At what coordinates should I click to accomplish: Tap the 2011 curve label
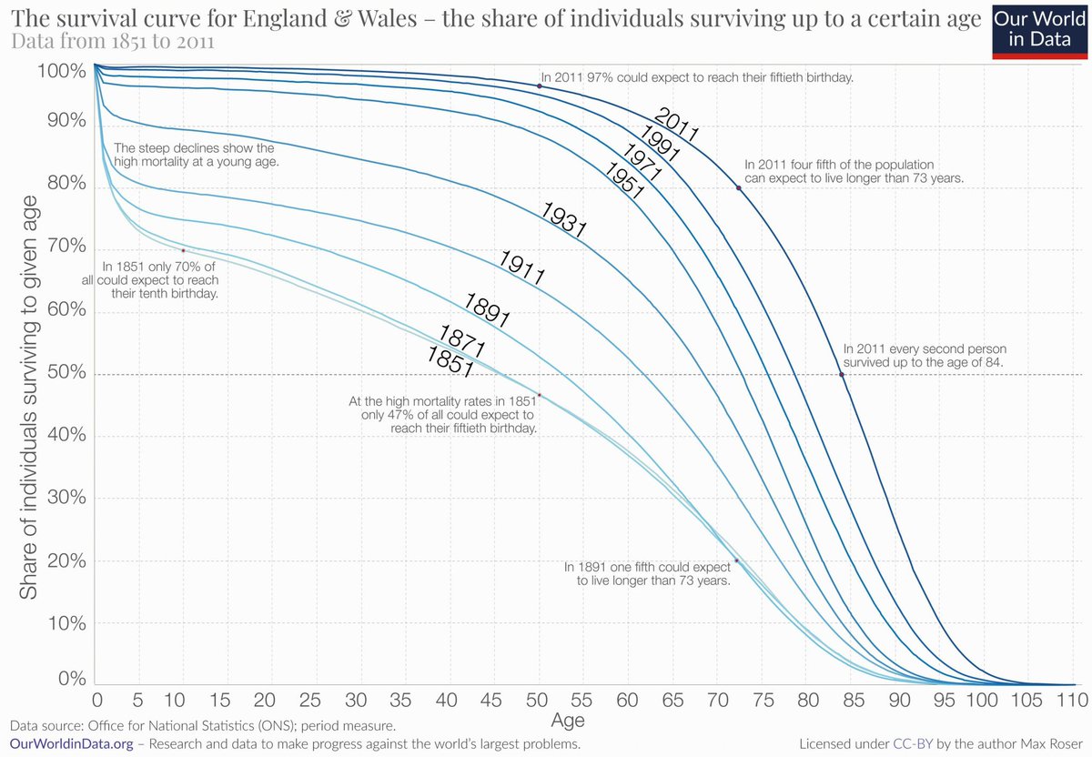click(x=676, y=125)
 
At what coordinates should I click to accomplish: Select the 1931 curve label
click(x=563, y=219)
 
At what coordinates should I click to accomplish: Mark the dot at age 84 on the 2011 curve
click(x=842, y=374)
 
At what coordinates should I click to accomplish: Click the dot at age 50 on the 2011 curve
click(x=540, y=86)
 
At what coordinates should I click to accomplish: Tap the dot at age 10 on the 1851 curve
click(x=184, y=250)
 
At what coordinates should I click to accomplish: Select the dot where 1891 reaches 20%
click(x=736, y=561)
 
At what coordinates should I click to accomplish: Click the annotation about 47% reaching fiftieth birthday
click(x=443, y=414)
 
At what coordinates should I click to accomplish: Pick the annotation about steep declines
click(x=195, y=154)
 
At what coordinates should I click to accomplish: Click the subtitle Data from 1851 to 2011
click(x=116, y=42)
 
